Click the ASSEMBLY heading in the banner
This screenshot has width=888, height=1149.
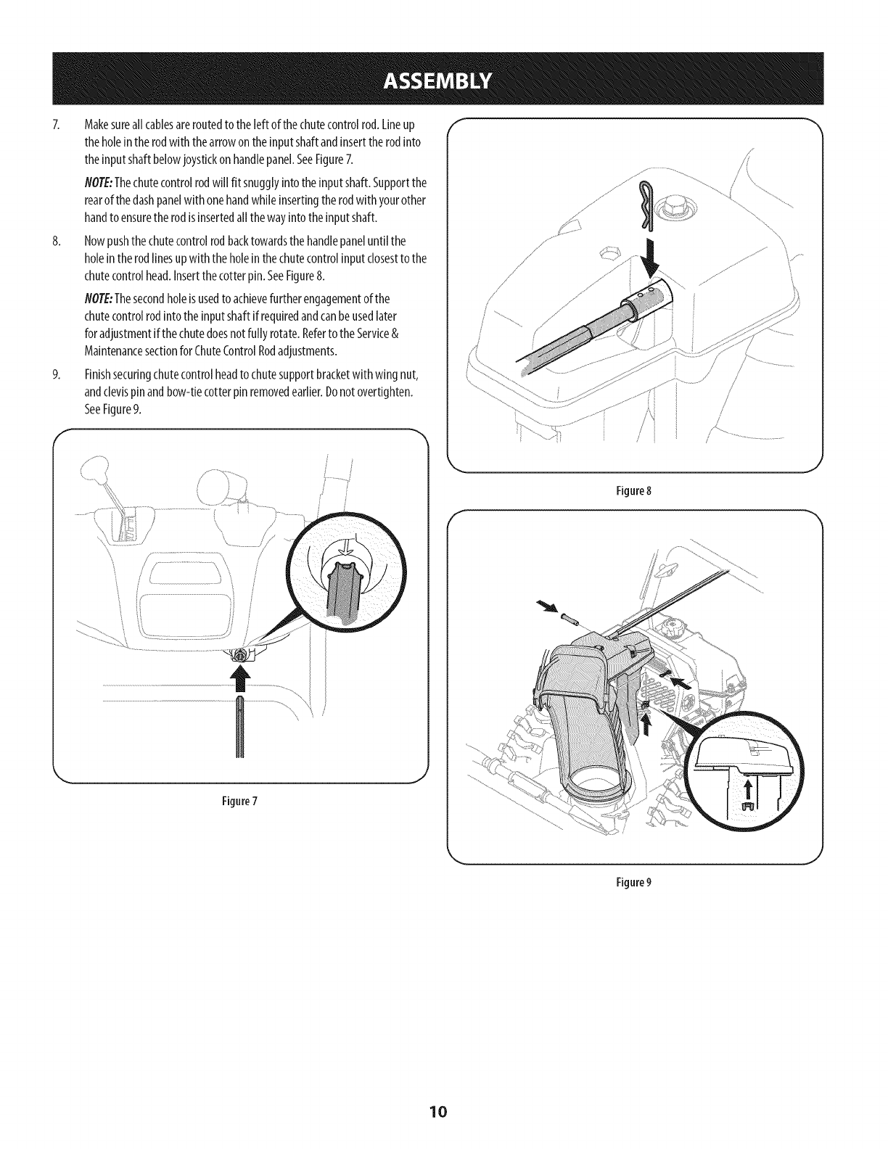point(444,78)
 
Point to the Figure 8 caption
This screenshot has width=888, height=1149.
point(636,490)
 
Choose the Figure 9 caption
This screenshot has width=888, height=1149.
point(636,883)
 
